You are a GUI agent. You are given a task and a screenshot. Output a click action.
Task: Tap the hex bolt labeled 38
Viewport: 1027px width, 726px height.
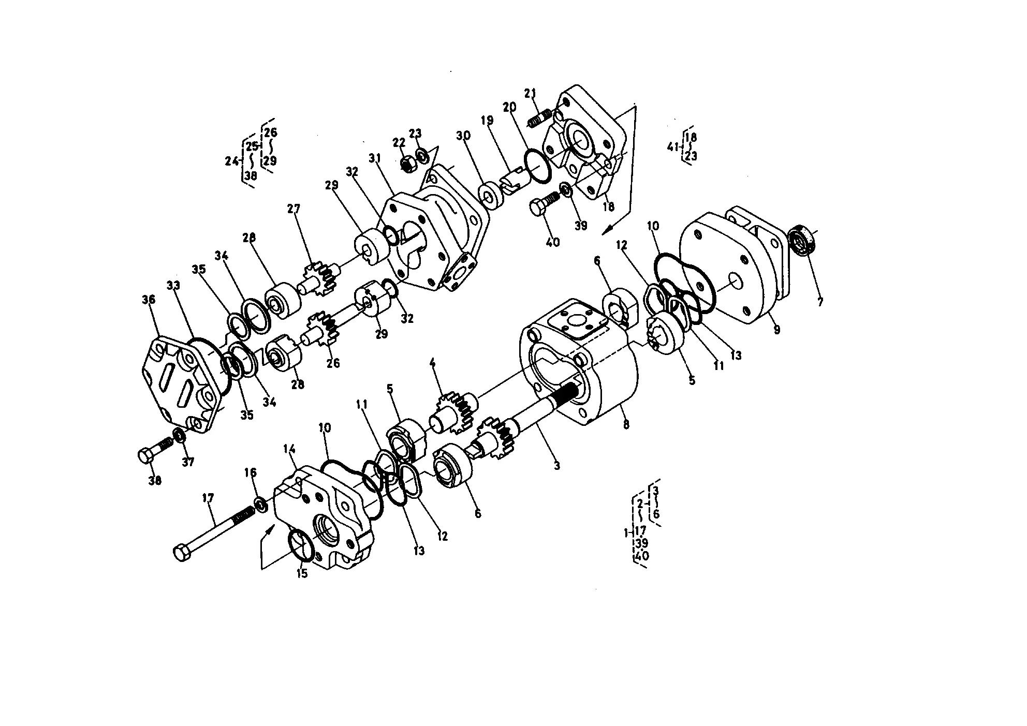(155, 451)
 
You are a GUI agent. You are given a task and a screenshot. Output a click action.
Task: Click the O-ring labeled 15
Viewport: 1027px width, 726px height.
(301, 545)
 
